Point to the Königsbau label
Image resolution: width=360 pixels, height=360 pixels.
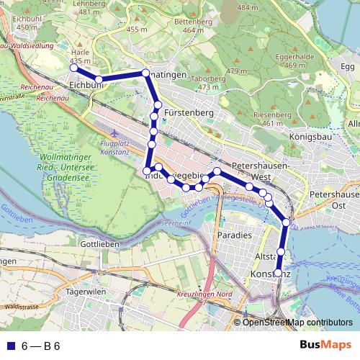(x=308, y=135)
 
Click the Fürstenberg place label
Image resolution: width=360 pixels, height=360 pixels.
(x=189, y=113)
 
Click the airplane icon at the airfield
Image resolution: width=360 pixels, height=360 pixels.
(x=115, y=133)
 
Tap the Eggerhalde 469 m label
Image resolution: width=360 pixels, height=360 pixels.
(x=315, y=60)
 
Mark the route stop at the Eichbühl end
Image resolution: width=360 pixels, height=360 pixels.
(x=73, y=68)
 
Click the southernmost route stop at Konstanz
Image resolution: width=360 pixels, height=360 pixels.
(x=279, y=273)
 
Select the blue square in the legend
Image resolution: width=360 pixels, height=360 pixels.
(x=9, y=346)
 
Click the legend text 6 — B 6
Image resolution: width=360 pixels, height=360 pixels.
(x=40, y=346)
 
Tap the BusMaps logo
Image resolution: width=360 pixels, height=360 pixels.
(x=326, y=346)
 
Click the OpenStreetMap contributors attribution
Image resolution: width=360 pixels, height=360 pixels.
(x=297, y=323)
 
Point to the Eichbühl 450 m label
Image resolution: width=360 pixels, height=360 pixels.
(x=27, y=22)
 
